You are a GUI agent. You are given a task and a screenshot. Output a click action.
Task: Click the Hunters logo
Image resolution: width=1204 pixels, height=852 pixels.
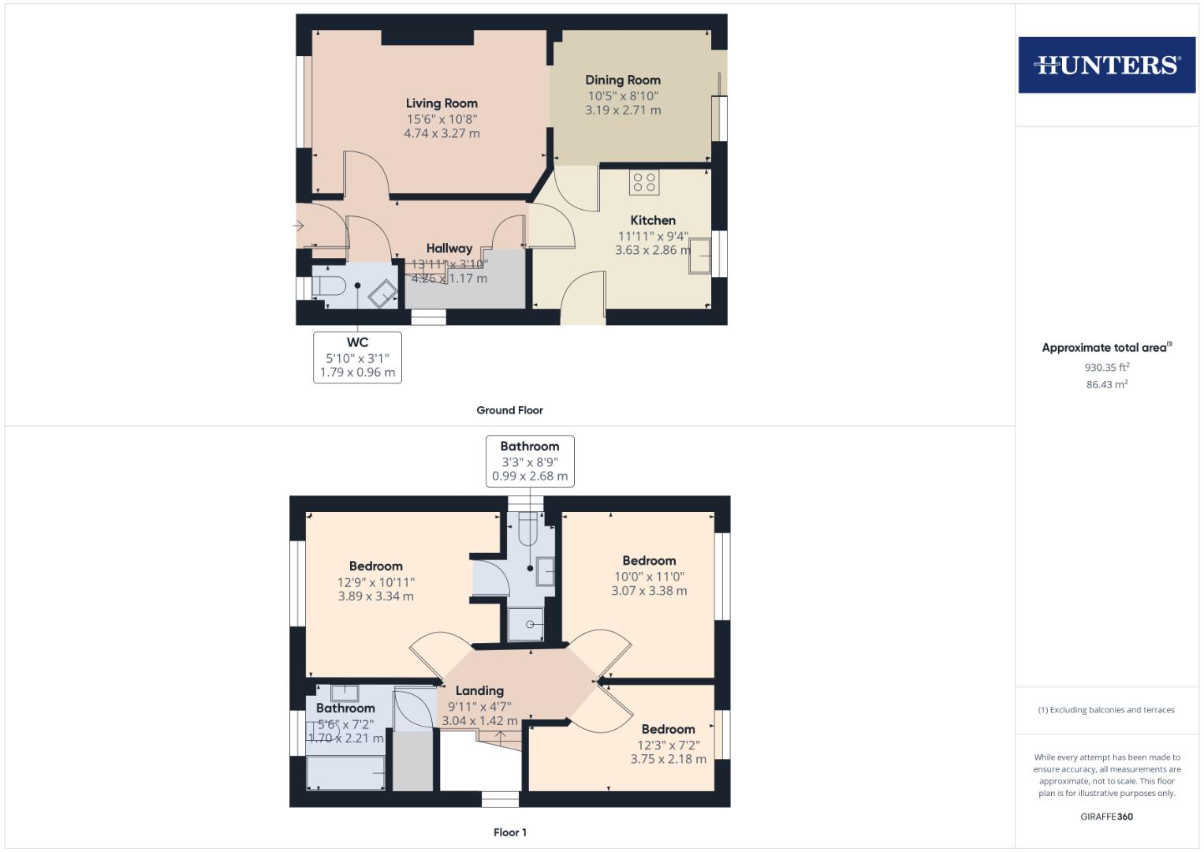(1107, 65)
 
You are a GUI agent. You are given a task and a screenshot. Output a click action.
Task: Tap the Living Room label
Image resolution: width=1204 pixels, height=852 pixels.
(442, 103)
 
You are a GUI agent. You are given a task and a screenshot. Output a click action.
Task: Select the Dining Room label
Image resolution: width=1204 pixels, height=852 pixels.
(623, 80)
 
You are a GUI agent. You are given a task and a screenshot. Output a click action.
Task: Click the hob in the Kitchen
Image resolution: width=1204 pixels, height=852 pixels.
(644, 182)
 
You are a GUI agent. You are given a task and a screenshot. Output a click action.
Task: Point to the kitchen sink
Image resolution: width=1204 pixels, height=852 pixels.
(700, 256)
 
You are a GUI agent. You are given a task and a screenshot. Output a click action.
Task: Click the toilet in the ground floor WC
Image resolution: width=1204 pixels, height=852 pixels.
(328, 286)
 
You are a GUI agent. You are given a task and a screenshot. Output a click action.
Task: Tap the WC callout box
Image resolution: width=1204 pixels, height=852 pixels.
(357, 357)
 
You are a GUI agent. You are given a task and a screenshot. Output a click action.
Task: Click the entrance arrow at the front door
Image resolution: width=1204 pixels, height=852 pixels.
(298, 226)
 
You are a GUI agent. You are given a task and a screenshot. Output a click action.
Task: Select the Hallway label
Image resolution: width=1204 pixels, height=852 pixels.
(449, 248)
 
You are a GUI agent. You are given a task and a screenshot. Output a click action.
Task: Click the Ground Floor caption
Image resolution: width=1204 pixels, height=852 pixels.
(509, 410)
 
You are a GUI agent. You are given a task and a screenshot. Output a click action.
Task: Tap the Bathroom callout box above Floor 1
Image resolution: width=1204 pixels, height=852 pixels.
(530, 461)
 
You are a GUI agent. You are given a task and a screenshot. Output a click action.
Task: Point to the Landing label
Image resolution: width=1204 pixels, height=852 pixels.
(479, 691)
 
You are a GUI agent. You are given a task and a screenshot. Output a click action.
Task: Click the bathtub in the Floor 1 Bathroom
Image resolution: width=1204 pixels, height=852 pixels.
(345, 773)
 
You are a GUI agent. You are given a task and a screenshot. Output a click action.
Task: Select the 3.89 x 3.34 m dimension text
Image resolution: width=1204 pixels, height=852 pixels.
(376, 596)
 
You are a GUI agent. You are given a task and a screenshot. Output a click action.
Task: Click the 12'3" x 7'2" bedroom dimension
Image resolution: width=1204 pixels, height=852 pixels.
(668, 745)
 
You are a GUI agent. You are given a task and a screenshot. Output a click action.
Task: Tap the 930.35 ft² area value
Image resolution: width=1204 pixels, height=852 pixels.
(1107, 368)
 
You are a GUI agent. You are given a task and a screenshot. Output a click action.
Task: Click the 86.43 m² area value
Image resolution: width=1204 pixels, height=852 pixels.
(1107, 385)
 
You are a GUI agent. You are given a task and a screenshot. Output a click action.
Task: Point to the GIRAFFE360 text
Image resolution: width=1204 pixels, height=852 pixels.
(1107, 816)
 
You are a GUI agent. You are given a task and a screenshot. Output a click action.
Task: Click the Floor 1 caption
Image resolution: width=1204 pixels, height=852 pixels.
(509, 832)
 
